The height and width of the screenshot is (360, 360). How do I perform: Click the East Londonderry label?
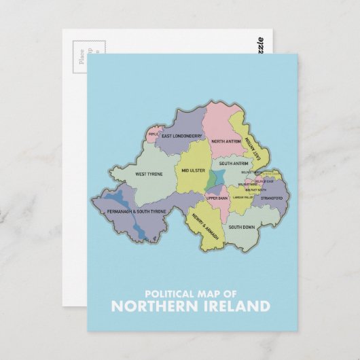coord(182,135)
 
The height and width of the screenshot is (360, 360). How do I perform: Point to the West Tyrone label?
coord(149,174)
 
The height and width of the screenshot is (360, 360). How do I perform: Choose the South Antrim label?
coord(232,164)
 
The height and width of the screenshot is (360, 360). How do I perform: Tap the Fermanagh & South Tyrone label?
coord(136,212)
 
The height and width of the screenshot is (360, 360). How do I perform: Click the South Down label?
coord(241,227)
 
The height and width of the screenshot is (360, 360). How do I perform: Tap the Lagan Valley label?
coord(242,197)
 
